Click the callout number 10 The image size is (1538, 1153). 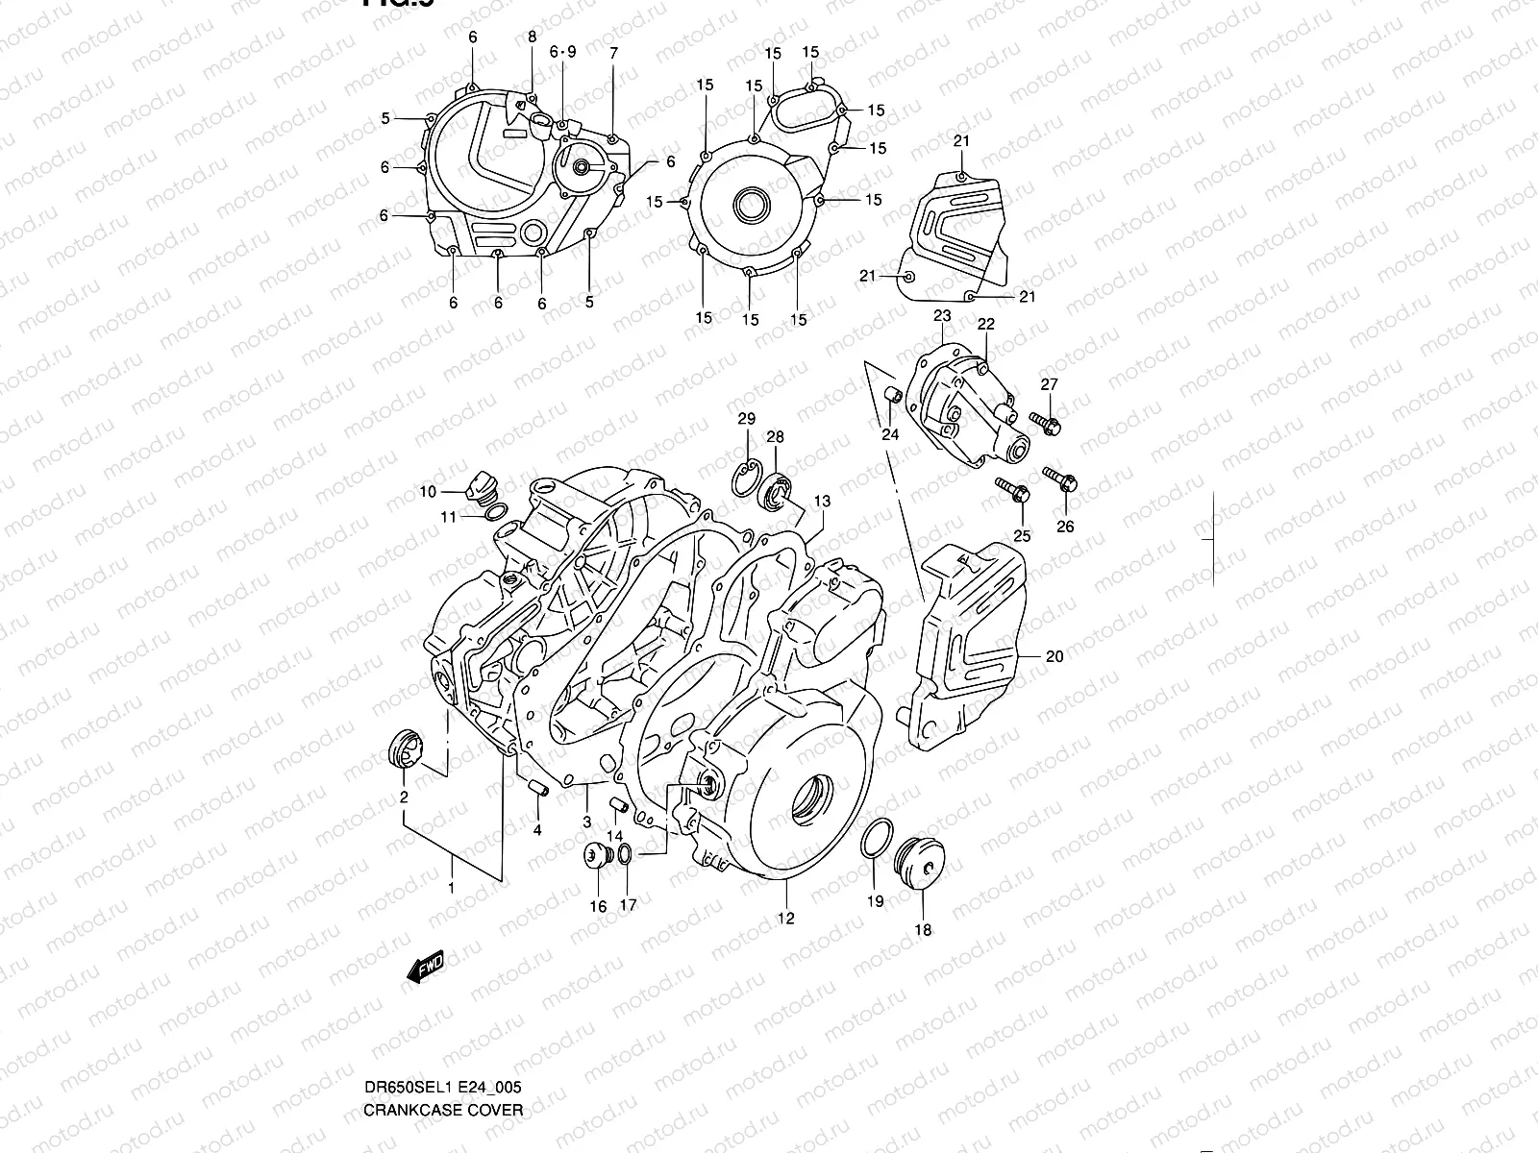[427, 492]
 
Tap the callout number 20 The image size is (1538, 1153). [1054, 657]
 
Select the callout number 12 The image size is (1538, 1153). [785, 919]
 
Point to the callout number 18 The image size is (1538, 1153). [922, 930]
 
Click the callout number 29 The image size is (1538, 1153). [746, 419]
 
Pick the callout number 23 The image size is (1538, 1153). [942, 315]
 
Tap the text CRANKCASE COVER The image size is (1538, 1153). [443, 1110]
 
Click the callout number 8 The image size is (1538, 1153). [532, 37]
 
